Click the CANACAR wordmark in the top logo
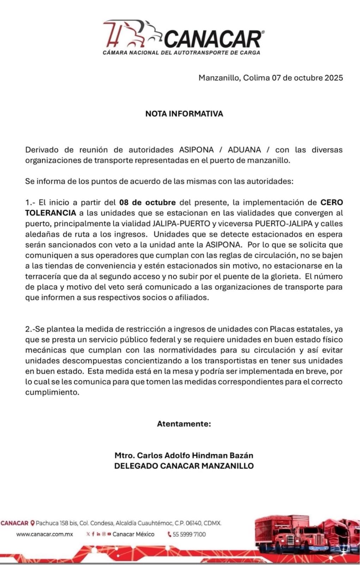213,39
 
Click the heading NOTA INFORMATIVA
184,114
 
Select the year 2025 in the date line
334,78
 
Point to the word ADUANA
244,150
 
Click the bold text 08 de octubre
148,203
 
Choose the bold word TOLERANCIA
50,213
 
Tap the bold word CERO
331,203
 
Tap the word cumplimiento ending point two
52,392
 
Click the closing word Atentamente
184,424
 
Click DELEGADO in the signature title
136,466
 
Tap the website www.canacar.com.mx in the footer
44,534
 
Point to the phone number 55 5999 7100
189,534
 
